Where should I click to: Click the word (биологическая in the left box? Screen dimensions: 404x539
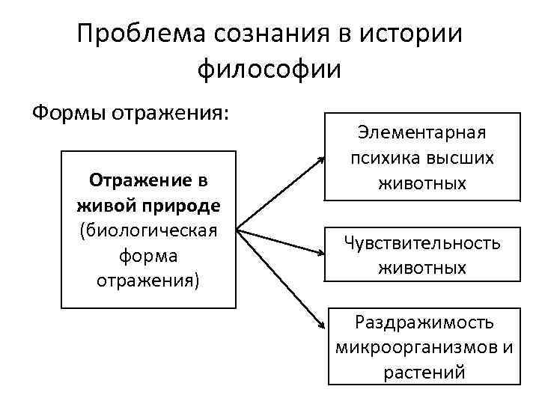[x=148, y=229]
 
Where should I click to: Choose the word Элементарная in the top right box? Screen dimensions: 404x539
[x=421, y=132]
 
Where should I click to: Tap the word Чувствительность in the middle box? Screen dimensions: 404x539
[x=421, y=242]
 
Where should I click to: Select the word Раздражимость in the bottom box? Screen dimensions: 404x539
[x=424, y=322]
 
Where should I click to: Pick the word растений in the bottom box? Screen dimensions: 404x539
[x=424, y=372]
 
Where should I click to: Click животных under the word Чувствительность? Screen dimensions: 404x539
[x=421, y=267]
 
